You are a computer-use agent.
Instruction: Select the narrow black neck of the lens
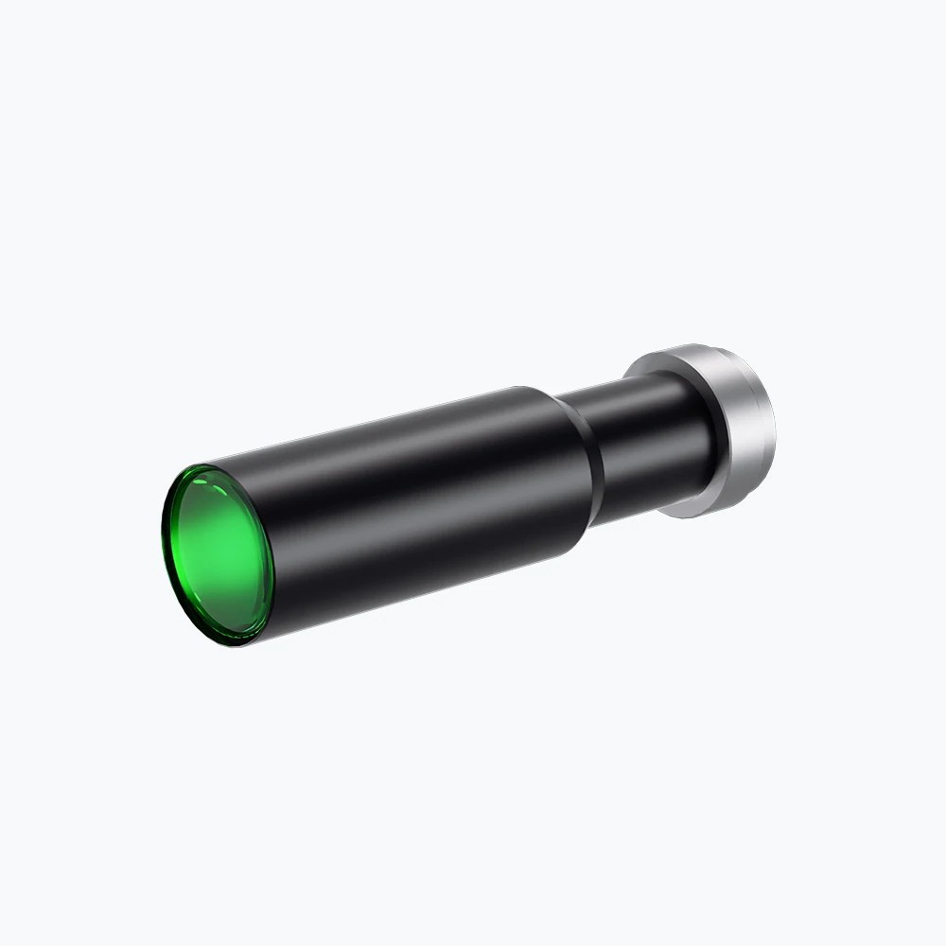[x=643, y=445]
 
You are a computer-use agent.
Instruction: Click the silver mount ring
[x=733, y=426]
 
